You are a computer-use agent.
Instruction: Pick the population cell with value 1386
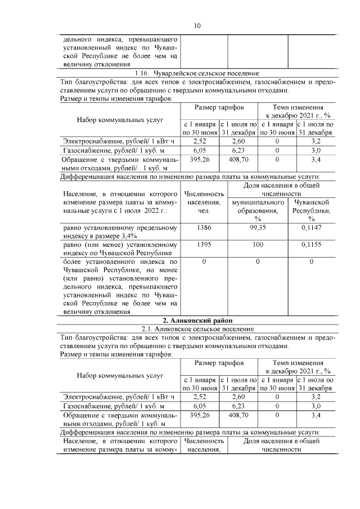click(x=204, y=228)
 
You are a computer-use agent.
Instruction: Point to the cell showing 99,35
click(x=258, y=228)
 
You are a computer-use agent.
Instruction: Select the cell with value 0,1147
click(x=311, y=228)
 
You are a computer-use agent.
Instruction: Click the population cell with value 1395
click(x=204, y=245)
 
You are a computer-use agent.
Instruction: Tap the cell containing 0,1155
click(x=311, y=245)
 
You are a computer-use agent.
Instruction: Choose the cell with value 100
click(x=258, y=245)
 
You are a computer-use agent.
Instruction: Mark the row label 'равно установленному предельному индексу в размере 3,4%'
click(x=120, y=232)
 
